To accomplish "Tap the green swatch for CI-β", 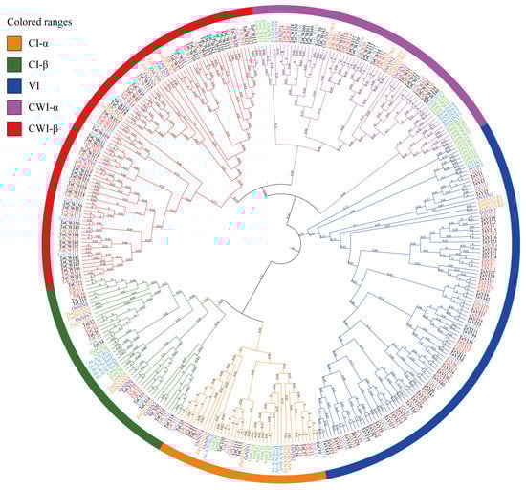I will coord(16,65).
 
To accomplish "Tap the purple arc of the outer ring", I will coord(383,38).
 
